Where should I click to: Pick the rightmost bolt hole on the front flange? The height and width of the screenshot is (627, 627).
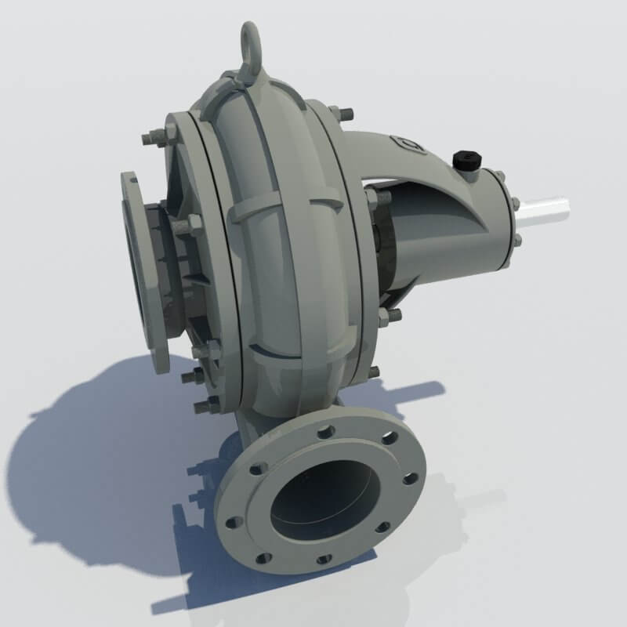(x=410, y=478)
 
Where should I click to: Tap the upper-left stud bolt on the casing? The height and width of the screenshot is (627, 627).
(x=150, y=140)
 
